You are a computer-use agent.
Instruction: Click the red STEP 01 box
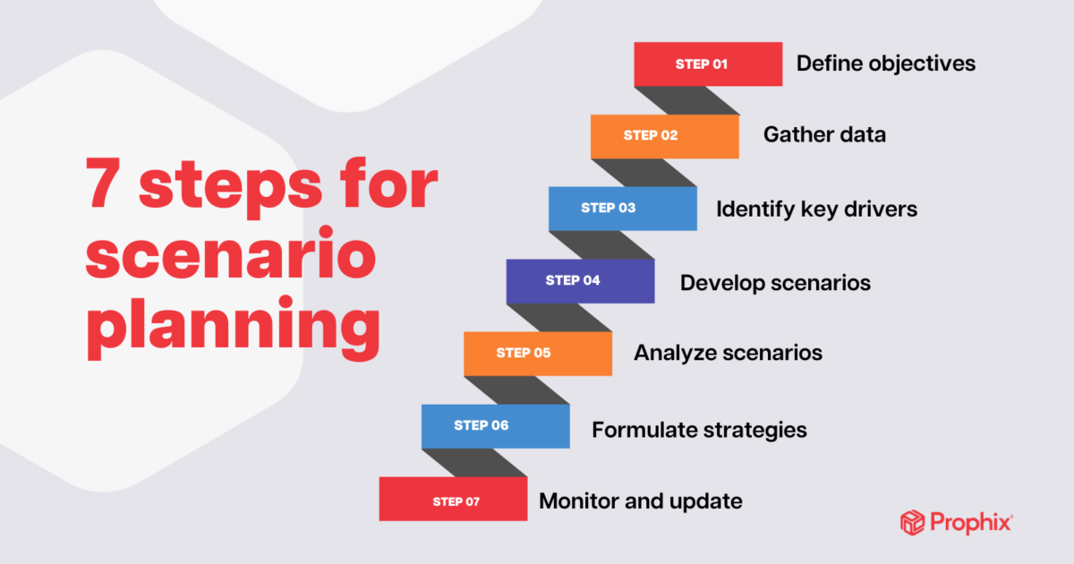pos(708,64)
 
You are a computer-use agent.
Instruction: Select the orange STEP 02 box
pos(664,137)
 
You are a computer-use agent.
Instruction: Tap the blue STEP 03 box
pos(623,209)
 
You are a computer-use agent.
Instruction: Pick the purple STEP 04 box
pos(580,281)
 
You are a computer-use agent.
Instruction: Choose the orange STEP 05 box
pos(538,354)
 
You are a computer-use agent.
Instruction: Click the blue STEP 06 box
pos(496,426)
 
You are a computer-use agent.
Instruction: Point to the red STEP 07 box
pos(453,499)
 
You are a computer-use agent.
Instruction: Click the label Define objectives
pos(885,64)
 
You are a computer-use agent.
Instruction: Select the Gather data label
pos(824,135)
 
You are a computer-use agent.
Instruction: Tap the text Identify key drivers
pos(816,209)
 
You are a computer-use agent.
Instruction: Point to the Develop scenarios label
pos(775,284)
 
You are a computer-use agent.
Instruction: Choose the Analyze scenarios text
pos(728,354)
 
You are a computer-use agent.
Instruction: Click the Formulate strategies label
pos(699,431)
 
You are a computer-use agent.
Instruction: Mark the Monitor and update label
pos(641,501)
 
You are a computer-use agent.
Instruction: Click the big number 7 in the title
pos(102,183)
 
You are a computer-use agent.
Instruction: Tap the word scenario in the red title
pos(231,252)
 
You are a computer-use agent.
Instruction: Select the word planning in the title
pos(234,328)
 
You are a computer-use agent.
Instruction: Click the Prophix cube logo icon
pos(912,522)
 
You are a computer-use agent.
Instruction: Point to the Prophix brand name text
pos(971,523)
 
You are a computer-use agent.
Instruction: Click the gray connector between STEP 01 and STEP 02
pos(686,100)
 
